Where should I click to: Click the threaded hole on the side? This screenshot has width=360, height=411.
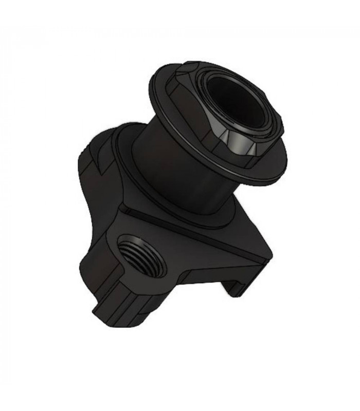point(140,254)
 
